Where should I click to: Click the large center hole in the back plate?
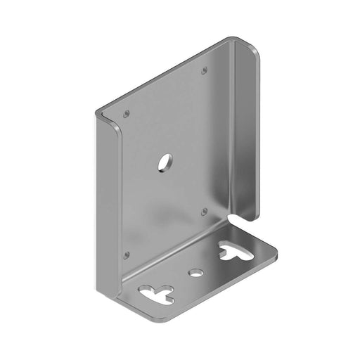click(x=164, y=162)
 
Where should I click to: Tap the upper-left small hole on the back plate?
click(x=126, y=113)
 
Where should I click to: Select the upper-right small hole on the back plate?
click(x=204, y=70)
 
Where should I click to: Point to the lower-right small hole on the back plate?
click(x=204, y=211)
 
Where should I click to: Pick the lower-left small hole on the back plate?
click(x=127, y=255)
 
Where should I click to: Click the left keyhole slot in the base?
click(x=154, y=292)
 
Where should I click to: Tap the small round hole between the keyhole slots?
click(x=195, y=271)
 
